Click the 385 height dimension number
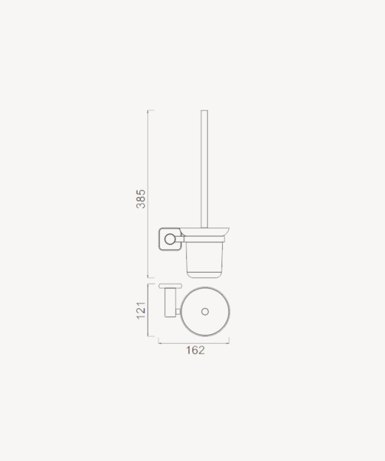click(141, 199)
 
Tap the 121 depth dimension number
click(141, 310)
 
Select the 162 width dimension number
click(195, 350)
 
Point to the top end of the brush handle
click(204, 111)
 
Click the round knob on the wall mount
click(170, 239)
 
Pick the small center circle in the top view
click(205, 311)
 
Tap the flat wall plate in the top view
click(170, 286)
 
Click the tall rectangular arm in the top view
click(170, 303)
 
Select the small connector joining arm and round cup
click(178, 311)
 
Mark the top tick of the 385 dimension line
click(151, 110)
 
